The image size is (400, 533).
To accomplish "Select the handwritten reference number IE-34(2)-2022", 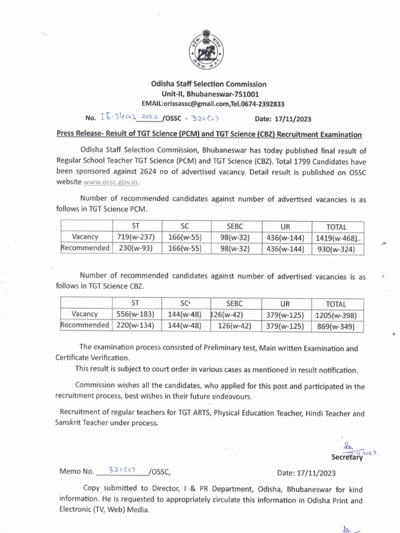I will [125, 118].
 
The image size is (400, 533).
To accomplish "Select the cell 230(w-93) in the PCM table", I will [135, 248].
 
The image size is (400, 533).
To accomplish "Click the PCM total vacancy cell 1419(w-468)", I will [337, 238].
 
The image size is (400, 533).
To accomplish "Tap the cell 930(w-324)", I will [337, 249].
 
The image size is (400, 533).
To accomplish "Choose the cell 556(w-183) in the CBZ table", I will [135, 314].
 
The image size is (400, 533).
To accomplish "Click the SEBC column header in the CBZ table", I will [235, 303].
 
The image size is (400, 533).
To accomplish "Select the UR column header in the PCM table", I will [285, 226].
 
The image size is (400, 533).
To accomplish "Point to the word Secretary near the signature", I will [347, 458].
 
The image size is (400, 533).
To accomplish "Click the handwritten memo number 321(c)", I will [121, 469].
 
